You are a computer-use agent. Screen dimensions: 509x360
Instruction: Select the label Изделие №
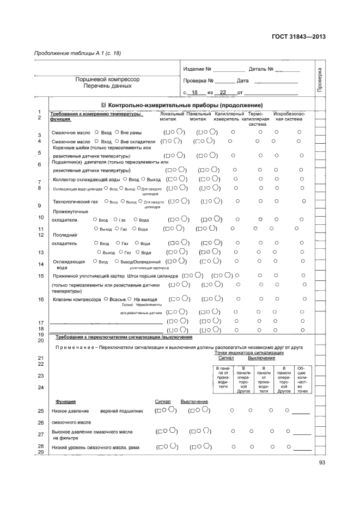click(197, 70)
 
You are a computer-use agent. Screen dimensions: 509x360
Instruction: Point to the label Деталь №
click(261, 70)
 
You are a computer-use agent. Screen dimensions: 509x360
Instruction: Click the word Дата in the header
click(243, 81)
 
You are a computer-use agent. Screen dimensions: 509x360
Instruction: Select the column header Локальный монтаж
click(172, 116)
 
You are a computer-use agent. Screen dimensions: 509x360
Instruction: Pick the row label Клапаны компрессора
click(76, 299)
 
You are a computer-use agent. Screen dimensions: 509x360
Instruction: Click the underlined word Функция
click(65, 401)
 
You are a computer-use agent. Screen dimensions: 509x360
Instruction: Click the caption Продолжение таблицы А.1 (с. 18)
click(77, 53)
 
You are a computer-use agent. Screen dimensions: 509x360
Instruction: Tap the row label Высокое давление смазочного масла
click(96, 431)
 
